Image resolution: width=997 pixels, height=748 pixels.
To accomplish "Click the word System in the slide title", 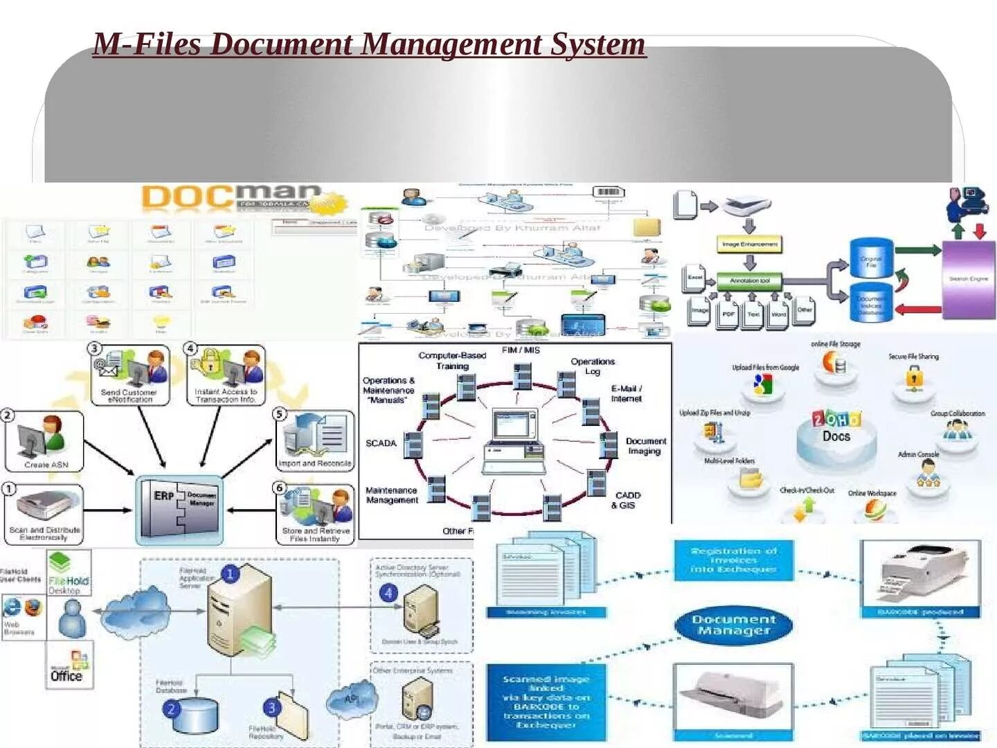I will [x=598, y=44].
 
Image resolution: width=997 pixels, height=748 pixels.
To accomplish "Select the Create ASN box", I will [x=44, y=441].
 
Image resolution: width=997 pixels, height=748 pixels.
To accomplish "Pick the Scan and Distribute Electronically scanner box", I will [x=44, y=513].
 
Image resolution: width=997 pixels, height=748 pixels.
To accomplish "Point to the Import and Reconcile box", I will [x=315, y=440].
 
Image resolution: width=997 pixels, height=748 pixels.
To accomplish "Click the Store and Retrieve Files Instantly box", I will [x=316, y=514].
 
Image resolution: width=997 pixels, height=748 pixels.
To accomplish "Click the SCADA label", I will [x=381, y=443].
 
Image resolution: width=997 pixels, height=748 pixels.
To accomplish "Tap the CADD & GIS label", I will [x=627, y=500].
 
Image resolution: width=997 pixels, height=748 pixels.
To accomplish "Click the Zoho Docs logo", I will [x=836, y=427].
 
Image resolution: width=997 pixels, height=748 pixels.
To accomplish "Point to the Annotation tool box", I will [x=749, y=280].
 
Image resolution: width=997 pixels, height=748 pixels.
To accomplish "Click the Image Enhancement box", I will [x=750, y=244].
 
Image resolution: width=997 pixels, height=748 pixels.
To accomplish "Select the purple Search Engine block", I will [x=969, y=279].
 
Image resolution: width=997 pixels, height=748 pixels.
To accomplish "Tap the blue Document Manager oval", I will [x=734, y=625].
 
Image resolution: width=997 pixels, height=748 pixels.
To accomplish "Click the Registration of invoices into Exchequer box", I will [x=734, y=560].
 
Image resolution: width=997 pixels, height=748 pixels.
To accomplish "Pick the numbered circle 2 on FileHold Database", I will [x=172, y=709].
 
